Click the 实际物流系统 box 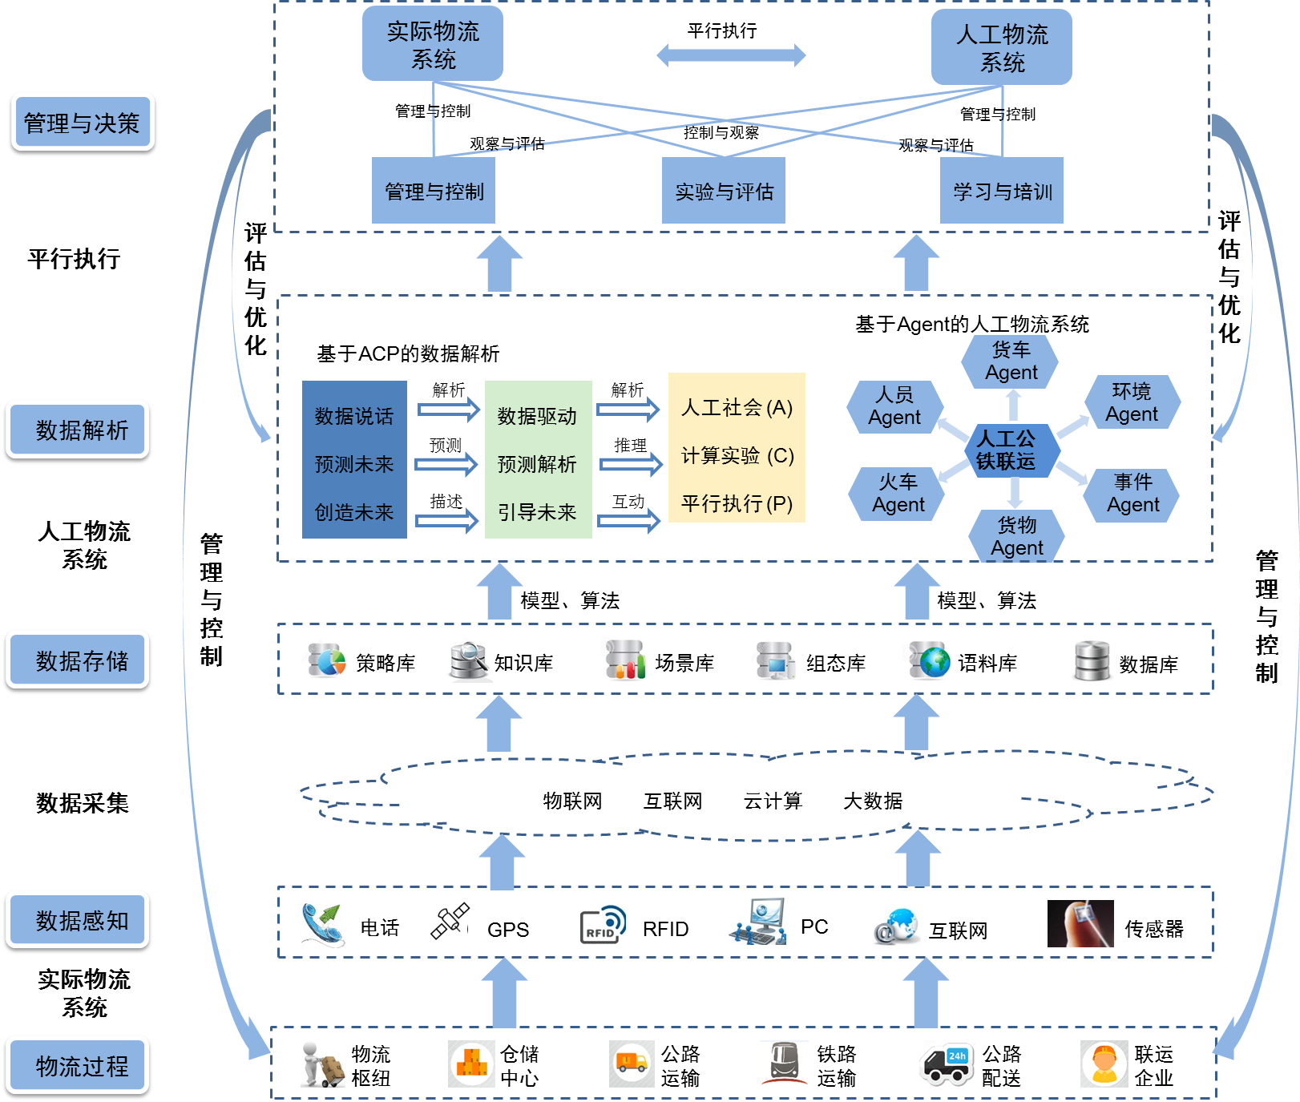click(x=433, y=44)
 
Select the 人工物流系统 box click(x=1002, y=47)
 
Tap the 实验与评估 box click(x=724, y=191)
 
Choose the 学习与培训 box click(x=1002, y=191)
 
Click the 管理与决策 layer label click(x=83, y=122)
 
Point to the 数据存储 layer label click(x=78, y=660)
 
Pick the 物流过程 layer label click(x=78, y=1065)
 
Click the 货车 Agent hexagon click(x=1011, y=361)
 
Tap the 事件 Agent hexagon click(x=1132, y=494)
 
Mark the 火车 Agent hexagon click(x=898, y=494)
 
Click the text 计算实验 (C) click(x=737, y=456)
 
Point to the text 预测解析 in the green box click(x=537, y=464)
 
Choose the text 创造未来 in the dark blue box click(x=354, y=512)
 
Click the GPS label click(x=508, y=930)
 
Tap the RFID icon click(x=603, y=925)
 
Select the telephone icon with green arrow click(x=323, y=924)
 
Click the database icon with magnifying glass click(x=468, y=660)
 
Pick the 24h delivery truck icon click(x=946, y=1064)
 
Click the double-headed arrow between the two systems click(x=731, y=55)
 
